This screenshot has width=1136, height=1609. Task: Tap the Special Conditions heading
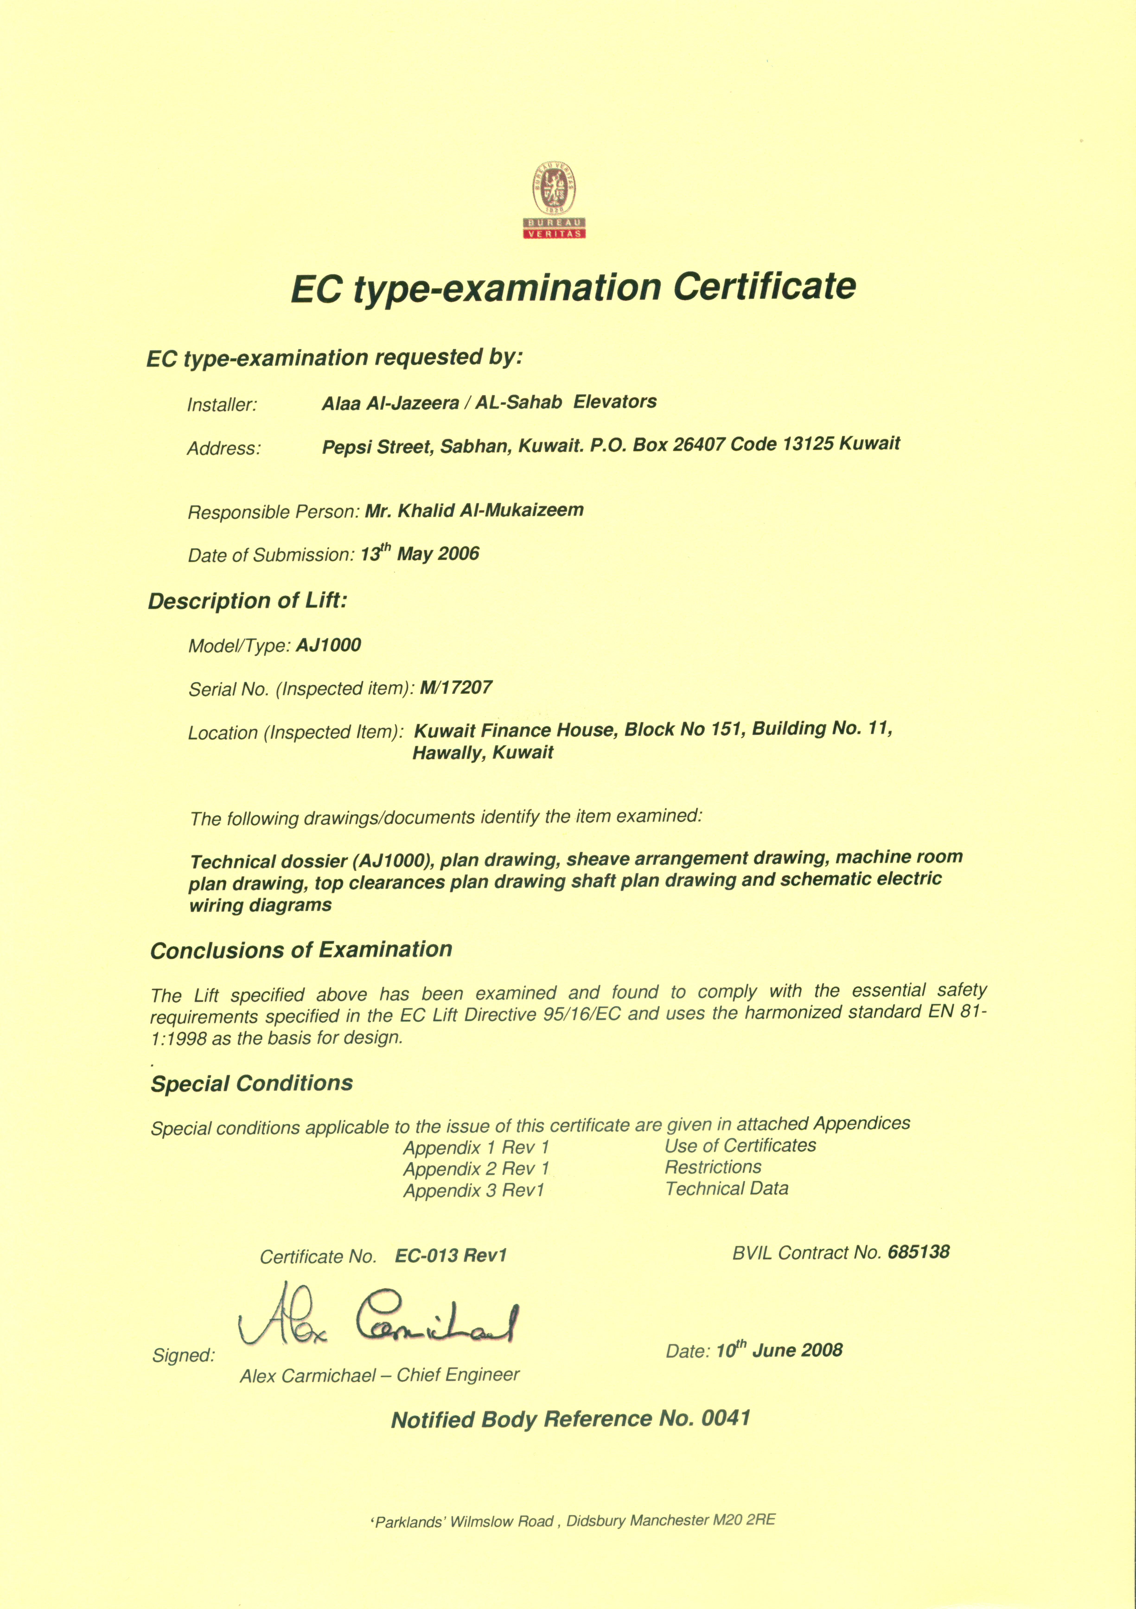252,1083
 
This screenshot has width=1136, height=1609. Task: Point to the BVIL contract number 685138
918,1252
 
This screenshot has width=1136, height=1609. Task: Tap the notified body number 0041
726,1418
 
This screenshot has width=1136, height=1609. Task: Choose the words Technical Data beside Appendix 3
727,1188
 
